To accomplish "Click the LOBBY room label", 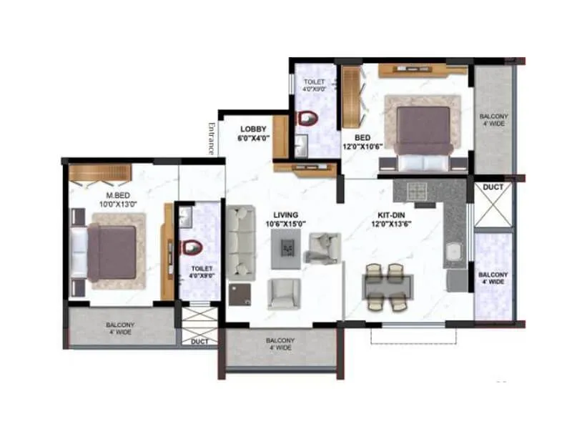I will coord(253,129).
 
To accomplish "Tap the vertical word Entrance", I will coord(211,138).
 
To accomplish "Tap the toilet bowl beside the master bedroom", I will coord(191,247).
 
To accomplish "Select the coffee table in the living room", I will coord(287,247).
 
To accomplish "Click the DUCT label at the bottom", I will coord(199,342).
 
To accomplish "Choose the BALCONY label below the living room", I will coord(280,344).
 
